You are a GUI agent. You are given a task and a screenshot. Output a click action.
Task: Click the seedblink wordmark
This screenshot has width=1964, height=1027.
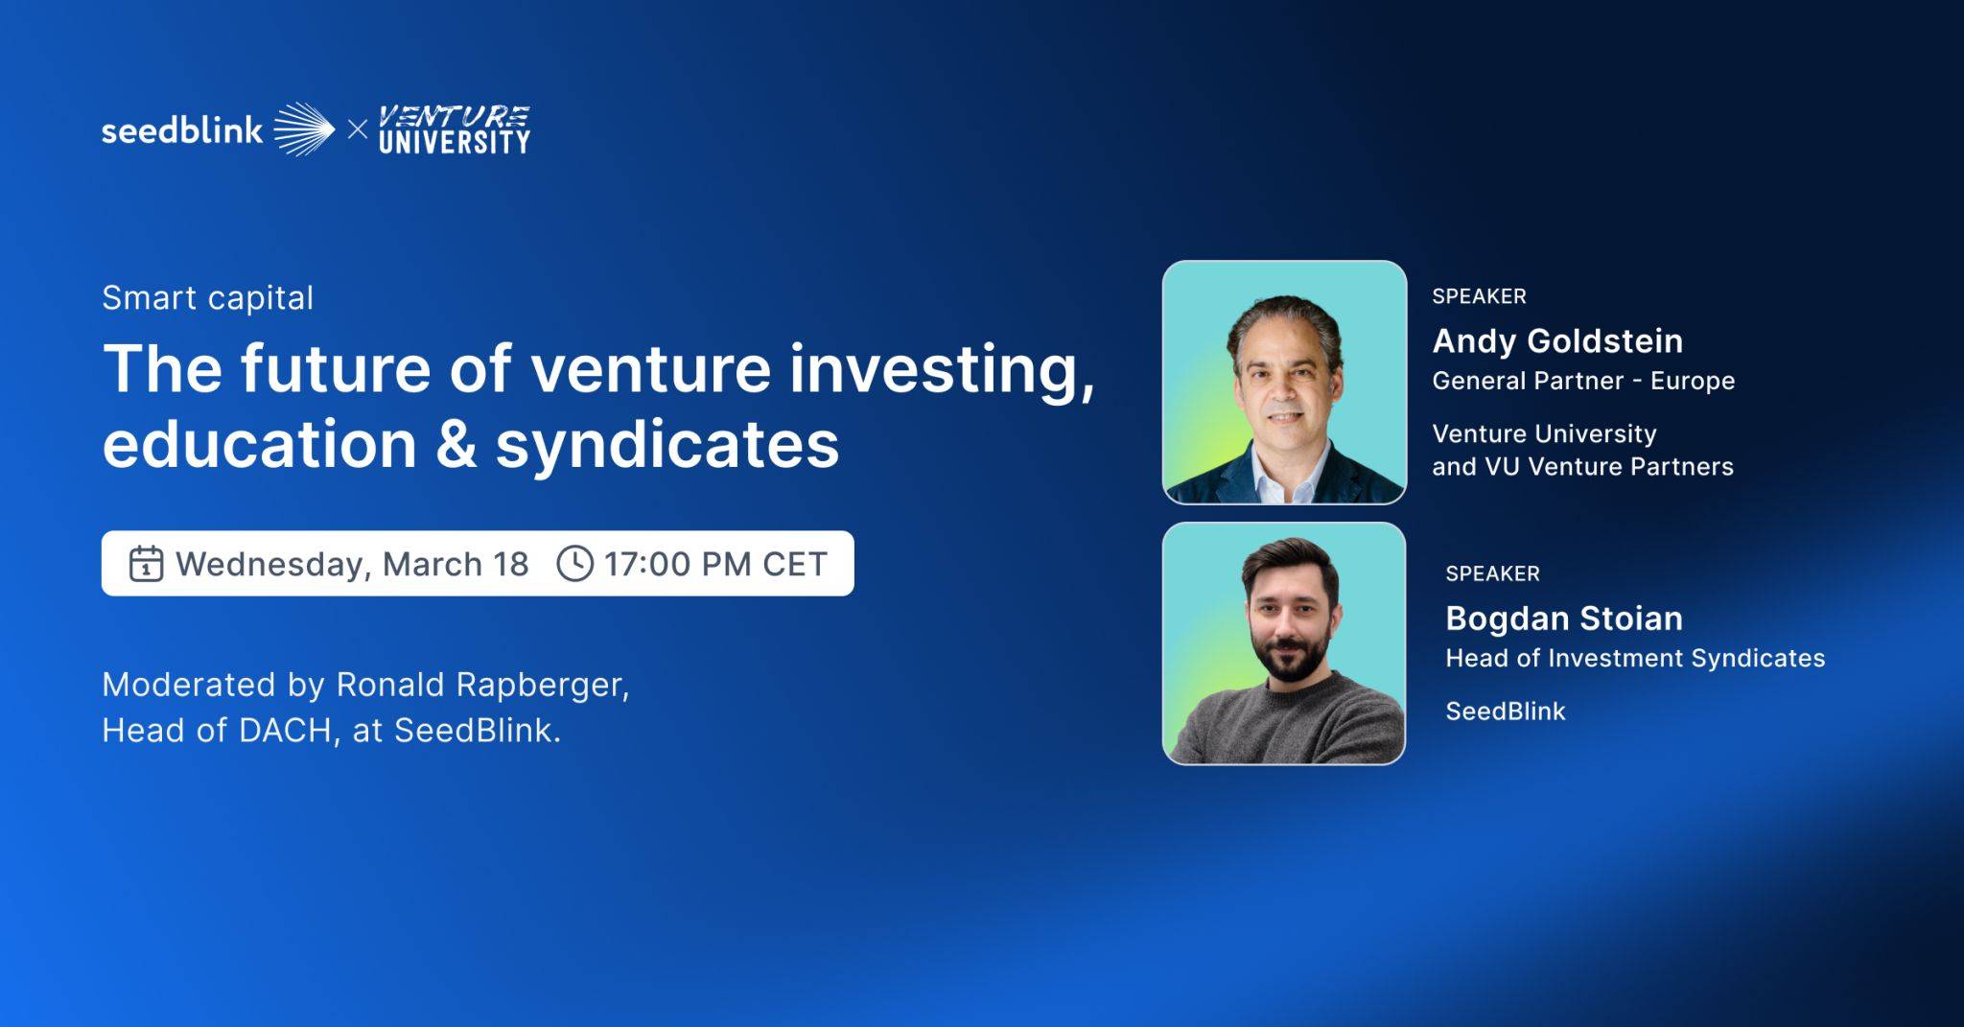pos(182,130)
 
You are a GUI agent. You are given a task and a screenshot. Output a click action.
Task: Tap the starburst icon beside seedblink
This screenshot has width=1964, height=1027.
pos(304,129)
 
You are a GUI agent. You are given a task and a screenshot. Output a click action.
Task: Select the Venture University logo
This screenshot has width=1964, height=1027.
pos(454,130)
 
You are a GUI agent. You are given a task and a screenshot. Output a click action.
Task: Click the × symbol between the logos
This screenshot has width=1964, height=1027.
pos(357,129)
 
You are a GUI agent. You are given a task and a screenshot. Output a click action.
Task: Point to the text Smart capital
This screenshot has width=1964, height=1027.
pos(207,298)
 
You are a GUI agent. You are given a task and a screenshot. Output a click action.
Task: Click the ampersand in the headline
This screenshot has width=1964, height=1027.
pos(456,445)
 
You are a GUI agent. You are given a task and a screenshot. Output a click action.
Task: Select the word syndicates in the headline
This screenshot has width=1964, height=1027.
pos(666,445)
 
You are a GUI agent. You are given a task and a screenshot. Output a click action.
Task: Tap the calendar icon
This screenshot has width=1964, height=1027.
pos(146,564)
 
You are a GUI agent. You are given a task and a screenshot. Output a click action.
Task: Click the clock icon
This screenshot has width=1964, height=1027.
pos(574,564)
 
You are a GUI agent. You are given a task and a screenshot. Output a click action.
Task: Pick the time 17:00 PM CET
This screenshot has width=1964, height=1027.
pos(715,564)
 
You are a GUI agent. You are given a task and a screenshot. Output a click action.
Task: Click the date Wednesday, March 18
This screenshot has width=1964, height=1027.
pos(352,564)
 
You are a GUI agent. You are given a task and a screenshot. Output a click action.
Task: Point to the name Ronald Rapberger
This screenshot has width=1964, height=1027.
pos(481,685)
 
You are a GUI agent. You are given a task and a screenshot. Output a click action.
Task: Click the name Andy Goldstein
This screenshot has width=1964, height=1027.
pos(1557,340)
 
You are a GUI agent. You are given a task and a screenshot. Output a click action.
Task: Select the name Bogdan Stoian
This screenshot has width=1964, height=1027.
pos(1563,619)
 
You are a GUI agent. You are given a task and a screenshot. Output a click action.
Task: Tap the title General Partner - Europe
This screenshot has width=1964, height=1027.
pos(1583,381)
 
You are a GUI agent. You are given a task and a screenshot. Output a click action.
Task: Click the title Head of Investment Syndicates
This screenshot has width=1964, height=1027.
pos(1635,658)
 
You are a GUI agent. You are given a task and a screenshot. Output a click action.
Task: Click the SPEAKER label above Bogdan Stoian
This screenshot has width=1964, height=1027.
pos(1492,573)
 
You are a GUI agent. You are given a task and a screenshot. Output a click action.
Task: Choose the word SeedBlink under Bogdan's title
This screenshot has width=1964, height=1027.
pos(1505,712)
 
